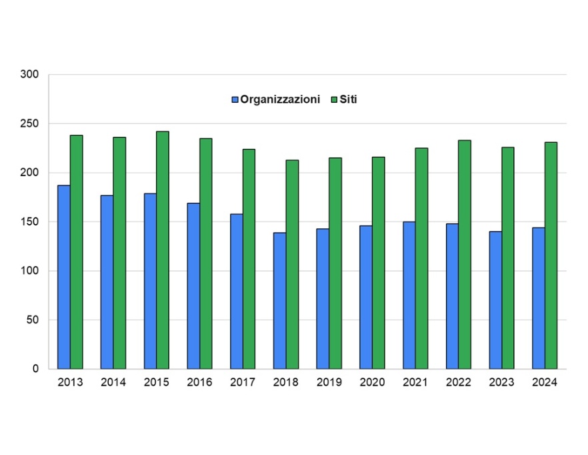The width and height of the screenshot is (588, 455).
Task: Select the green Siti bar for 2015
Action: point(163,250)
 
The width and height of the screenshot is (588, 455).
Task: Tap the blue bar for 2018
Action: point(280,300)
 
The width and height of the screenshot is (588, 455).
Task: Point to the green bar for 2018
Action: point(292,264)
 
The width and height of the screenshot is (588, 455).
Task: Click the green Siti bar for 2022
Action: point(465,254)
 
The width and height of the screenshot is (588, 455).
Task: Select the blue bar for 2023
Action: point(495,300)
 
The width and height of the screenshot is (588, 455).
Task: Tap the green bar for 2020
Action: point(379,263)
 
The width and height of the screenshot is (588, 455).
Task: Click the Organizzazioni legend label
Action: point(280,99)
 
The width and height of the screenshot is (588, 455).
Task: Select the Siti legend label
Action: point(349,99)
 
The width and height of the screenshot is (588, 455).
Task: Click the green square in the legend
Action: point(334,99)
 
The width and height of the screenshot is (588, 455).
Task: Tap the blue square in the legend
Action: point(235,99)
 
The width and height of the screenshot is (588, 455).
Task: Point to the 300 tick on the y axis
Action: point(31,75)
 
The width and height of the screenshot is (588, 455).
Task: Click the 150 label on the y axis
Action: point(31,221)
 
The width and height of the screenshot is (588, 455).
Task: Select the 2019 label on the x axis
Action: point(329,383)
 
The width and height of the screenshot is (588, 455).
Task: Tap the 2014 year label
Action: point(113,383)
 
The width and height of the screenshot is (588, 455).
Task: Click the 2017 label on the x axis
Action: point(243,383)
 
